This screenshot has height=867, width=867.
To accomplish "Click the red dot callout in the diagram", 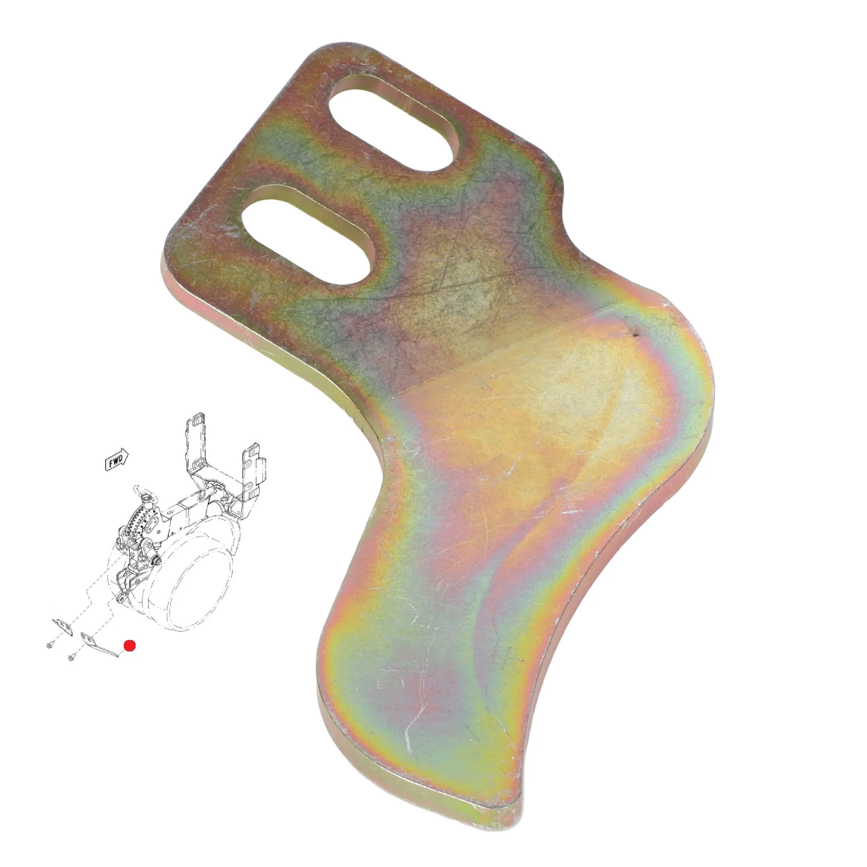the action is point(130,646).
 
